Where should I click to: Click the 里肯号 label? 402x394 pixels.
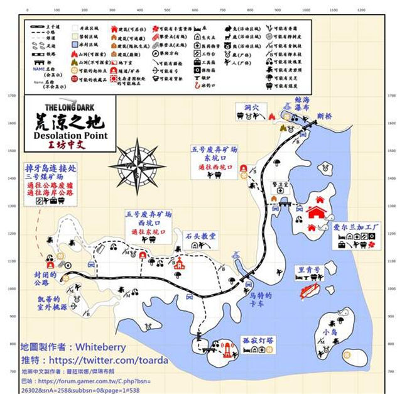coord(309,270)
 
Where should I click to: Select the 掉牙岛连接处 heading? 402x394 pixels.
coord(51,168)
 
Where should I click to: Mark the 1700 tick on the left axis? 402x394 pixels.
coord(11,96)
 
